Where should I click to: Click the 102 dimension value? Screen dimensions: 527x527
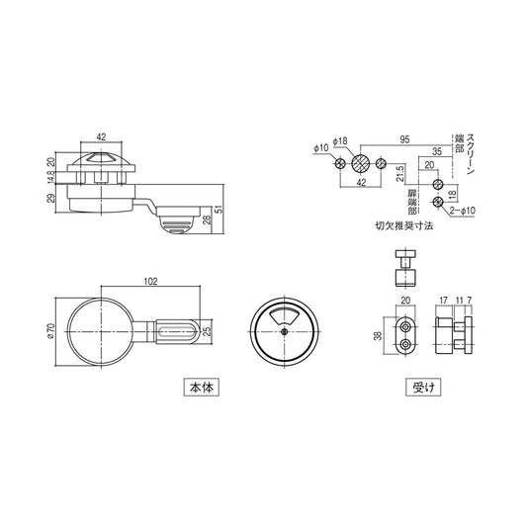pyautogui.click(x=151, y=281)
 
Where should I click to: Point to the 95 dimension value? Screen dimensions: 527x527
pyautogui.click(x=403, y=139)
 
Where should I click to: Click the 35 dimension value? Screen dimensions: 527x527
pyautogui.click(x=435, y=150)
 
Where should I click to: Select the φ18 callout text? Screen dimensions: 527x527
pyautogui.click(x=341, y=141)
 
